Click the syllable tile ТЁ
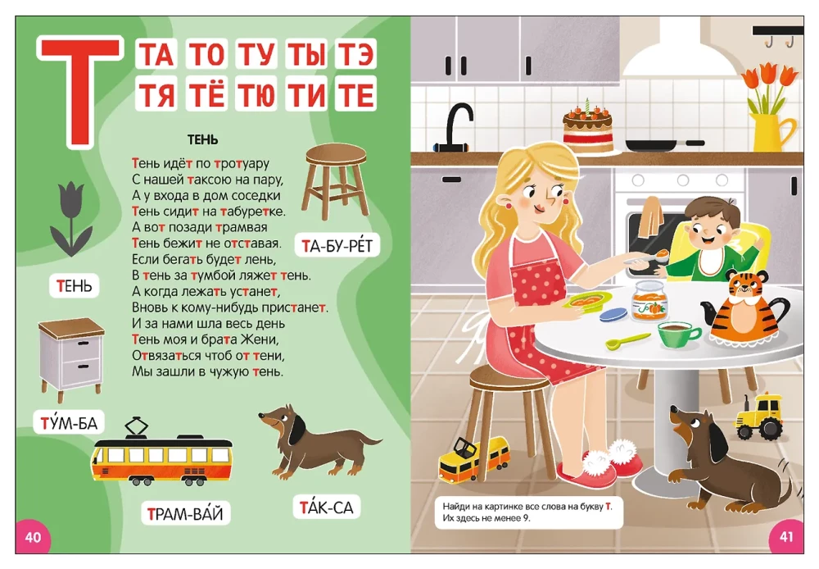pyautogui.click(x=207, y=94)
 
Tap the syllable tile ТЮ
pyautogui.click(x=256, y=94)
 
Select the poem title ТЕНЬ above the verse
pyautogui.click(x=202, y=139)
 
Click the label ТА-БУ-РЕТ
pyautogui.click(x=337, y=245)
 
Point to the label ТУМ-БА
pyautogui.click(x=69, y=422)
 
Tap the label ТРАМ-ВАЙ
pyautogui.click(x=185, y=513)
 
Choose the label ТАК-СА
pyautogui.click(x=326, y=507)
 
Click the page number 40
pyautogui.click(x=33, y=537)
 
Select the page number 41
pyautogui.click(x=786, y=536)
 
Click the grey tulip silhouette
pyautogui.click(x=71, y=217)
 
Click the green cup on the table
pyautogui.click(x=678, y=335)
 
